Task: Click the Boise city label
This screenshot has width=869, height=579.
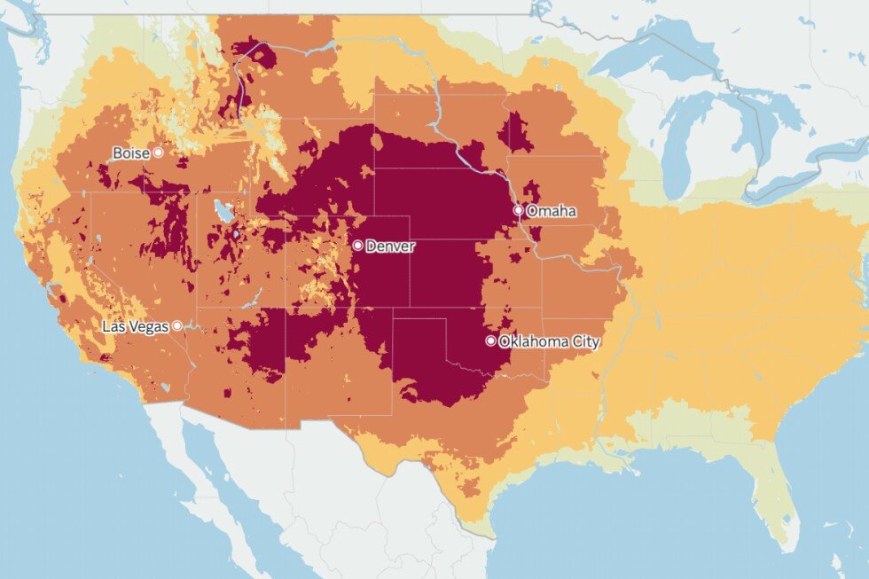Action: click(131, 153)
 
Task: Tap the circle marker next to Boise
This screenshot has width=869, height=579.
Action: click(159, 153)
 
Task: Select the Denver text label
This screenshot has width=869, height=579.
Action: click(390, 246)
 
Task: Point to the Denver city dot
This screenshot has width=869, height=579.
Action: click(357, 245)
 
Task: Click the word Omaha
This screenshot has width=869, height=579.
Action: click(551, 211)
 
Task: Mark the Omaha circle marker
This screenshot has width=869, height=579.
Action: click(519, 210)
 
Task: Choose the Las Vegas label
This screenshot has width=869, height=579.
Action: click(135, 326)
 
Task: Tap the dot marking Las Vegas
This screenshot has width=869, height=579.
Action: click(177, 325)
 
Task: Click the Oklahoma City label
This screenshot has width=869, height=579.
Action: click(549, 341)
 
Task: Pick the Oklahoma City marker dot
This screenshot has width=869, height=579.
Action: click(491, 340)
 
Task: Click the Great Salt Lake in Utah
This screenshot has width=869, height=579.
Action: click(225, 212)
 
